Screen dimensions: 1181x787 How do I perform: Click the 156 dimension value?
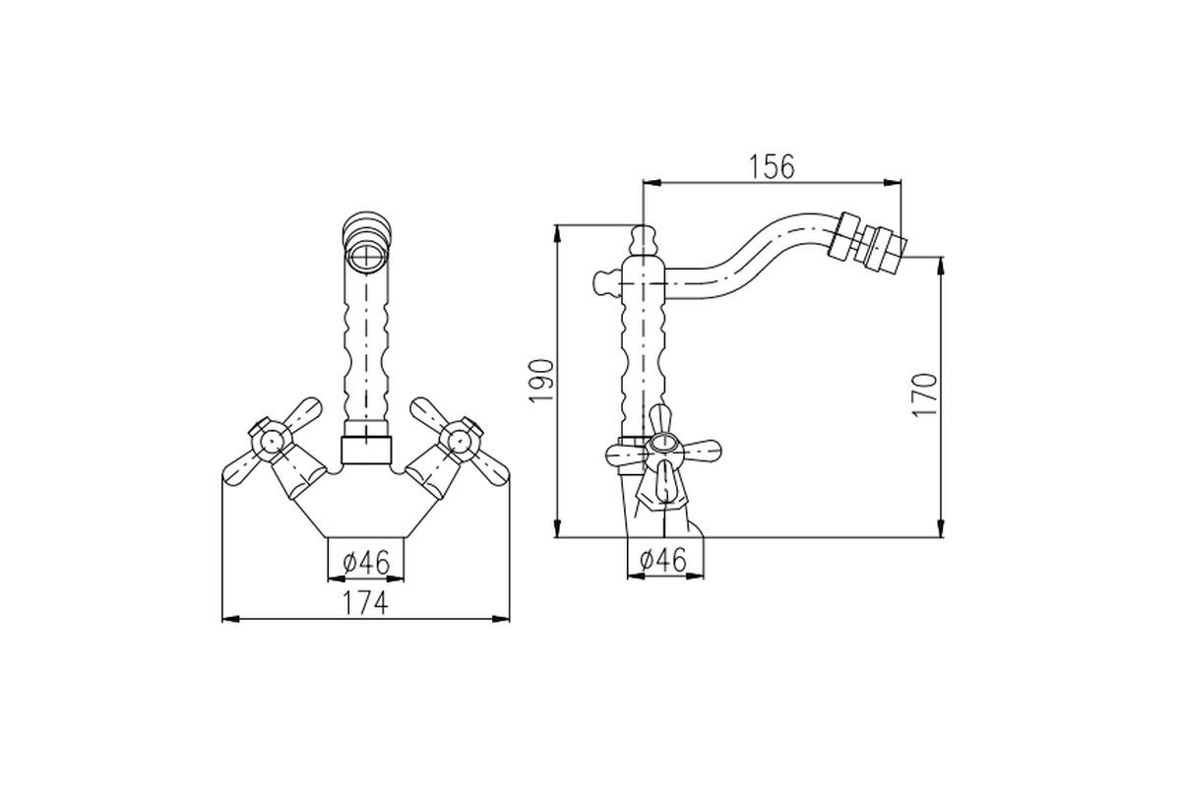coord(772,166)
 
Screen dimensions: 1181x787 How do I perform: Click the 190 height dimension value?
coord(541,381)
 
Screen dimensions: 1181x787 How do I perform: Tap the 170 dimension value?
coord(925,394)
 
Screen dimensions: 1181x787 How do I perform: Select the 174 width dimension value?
coord(365,602)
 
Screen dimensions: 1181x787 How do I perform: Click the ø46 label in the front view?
coord(366,562)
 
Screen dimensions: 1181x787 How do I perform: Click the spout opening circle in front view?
coord(366,259)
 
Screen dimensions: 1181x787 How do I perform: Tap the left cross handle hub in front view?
coord(271,440)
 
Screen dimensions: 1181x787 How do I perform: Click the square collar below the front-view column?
coord(366,451)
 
